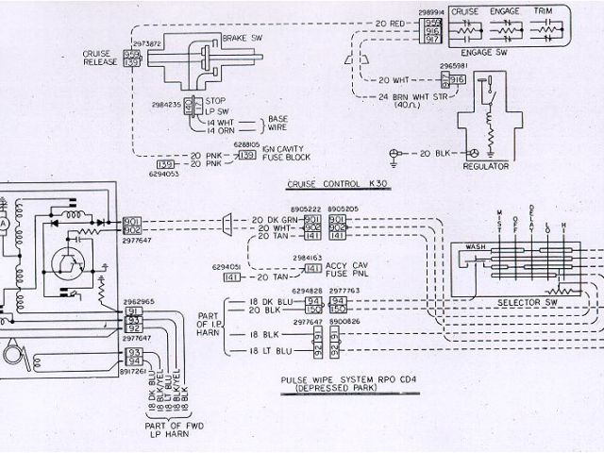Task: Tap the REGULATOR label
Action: [x=487, y=166]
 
